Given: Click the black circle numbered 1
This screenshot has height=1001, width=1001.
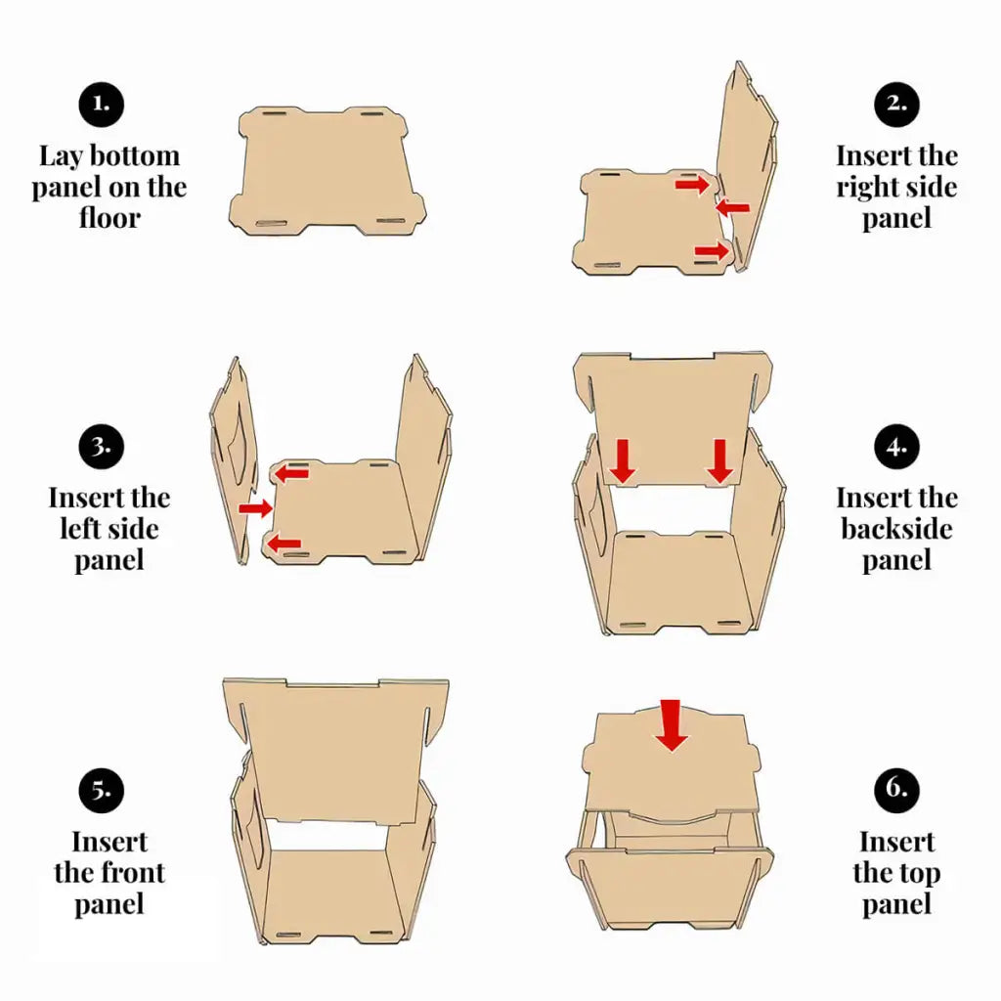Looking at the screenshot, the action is click(x=102, y=105).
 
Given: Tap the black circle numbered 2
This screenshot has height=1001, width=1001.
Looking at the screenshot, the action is click(x=897, y=105).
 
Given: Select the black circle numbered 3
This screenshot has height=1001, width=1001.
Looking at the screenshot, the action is click(x=102, y=446).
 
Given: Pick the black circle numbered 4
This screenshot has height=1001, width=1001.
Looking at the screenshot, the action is click(x=897, y=446).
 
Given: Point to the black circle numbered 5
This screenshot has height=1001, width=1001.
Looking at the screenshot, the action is click(x=102, y=790).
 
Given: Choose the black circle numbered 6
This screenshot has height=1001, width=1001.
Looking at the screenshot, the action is click(x=897, y=790).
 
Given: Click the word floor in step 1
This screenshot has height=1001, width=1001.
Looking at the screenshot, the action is click(x=109, y=218).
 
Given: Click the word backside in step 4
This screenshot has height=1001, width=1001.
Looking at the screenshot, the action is click(x=897, y=529).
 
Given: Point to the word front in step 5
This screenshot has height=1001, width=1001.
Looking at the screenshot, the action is click(x=133, y=873).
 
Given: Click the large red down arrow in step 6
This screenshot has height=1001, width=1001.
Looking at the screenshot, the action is click(x=671, y=725).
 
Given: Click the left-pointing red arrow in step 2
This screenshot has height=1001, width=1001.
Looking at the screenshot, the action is click(x=732, y=207).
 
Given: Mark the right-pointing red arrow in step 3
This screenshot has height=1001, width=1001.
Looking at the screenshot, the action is click(x=255, y=508).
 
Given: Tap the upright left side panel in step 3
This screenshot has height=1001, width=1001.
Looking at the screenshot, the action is click(x=233, y=459).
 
